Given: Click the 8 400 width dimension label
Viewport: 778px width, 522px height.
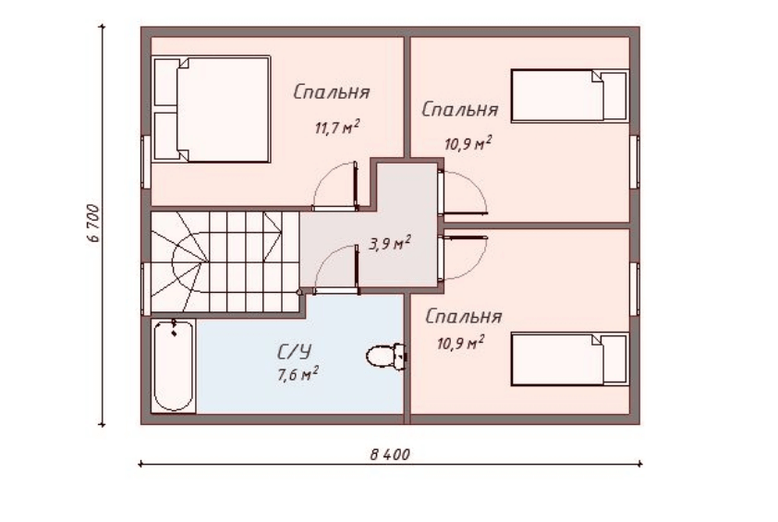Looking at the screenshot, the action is (390, 454).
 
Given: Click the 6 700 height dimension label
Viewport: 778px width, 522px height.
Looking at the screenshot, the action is (93, 223).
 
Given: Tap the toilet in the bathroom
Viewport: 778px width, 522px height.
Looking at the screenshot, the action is (386, 356).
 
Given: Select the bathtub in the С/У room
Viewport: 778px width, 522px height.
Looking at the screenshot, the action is (173, 366).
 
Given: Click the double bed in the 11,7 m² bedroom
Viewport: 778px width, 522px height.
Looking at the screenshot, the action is (212, 109).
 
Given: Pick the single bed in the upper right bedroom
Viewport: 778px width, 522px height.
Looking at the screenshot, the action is (569, 96).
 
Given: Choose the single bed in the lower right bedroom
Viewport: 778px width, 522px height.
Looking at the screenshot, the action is (569, 359).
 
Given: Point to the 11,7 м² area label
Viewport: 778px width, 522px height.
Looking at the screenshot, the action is (337, 127).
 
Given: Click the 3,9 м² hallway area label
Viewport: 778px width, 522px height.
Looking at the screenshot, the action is (390, 244).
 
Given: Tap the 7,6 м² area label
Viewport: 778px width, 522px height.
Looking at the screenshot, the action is (298, 374).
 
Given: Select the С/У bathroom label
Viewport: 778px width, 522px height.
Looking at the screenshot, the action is (294, 352).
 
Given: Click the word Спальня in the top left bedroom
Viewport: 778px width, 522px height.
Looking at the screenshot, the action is (332, 92).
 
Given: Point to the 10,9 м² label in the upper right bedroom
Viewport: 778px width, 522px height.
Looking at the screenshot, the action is (468, 144).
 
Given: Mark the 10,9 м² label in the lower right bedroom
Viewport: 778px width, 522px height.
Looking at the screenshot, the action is (460, 343).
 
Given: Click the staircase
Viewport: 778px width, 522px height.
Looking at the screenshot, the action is (225, 261).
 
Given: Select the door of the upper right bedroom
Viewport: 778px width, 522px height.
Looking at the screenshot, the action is (462, 192).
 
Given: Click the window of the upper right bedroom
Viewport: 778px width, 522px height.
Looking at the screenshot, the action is (635, 162).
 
